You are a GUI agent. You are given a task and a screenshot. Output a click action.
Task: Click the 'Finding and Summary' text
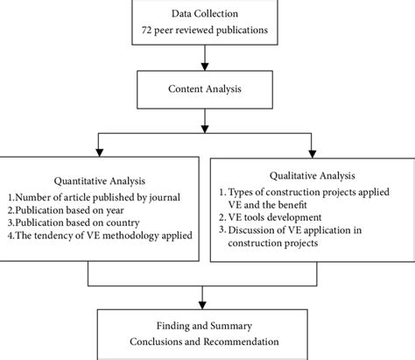click(x=207, y=324)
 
